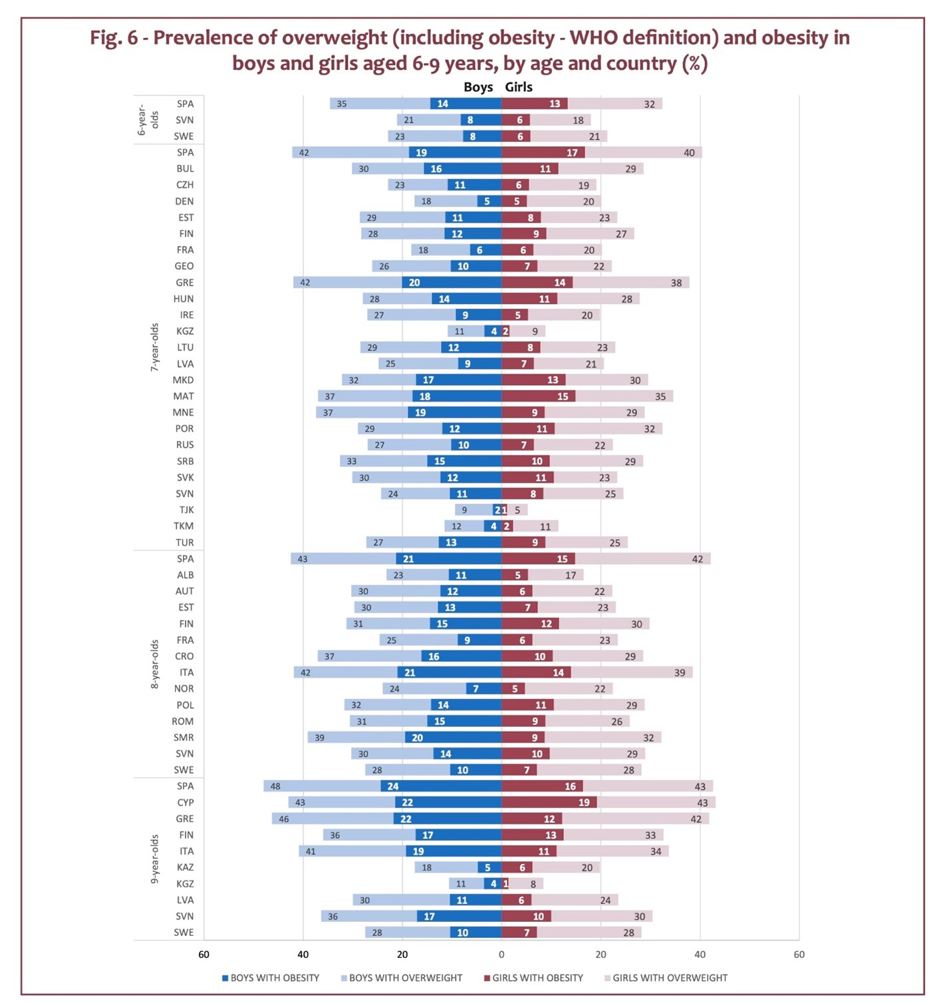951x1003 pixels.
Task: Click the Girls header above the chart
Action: click(519, 87)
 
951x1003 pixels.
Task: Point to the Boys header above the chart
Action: click(478, 87)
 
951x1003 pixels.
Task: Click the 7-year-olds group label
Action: click(155, 347)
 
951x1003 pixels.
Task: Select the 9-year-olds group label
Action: click(155, 859)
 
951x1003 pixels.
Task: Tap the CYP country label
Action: click(186, 802)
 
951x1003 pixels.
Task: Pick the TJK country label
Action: click(186, 509)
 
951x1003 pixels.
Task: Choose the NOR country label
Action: click(184, 688)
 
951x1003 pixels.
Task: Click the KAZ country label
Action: click(185, 867)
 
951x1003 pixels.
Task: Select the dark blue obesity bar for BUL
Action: click(463, 169)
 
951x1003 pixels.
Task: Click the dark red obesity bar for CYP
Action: click(549, 802)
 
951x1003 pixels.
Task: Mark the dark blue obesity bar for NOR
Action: click(484, 688)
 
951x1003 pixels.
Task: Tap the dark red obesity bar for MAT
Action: click(538, 396)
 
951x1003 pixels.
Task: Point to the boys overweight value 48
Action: click(275, 786)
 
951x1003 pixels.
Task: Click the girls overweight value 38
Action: click(676, 283)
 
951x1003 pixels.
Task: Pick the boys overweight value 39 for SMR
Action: click(320, 738)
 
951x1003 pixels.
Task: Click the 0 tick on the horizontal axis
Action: click(501, 954)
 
